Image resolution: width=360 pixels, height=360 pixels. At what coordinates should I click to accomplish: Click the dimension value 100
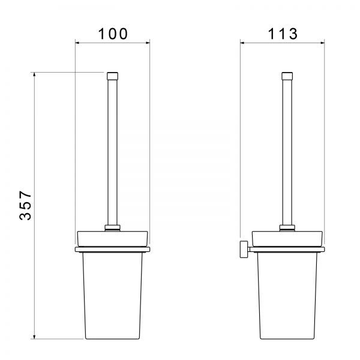113,34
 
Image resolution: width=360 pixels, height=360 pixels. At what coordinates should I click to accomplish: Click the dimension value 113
283,34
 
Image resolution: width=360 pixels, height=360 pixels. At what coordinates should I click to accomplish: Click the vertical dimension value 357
25,205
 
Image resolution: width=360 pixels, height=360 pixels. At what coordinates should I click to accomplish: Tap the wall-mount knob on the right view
244,249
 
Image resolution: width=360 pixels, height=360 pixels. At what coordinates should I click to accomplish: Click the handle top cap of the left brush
113,76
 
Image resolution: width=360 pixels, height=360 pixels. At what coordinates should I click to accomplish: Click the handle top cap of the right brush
287,76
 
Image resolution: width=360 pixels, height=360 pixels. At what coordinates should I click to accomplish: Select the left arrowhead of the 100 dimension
77,43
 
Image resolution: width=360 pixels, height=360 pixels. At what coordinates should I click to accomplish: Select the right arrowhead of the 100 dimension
148,43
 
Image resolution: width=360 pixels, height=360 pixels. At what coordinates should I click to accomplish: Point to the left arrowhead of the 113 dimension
242,43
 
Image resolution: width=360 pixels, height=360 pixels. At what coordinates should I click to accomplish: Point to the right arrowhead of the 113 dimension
322,43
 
